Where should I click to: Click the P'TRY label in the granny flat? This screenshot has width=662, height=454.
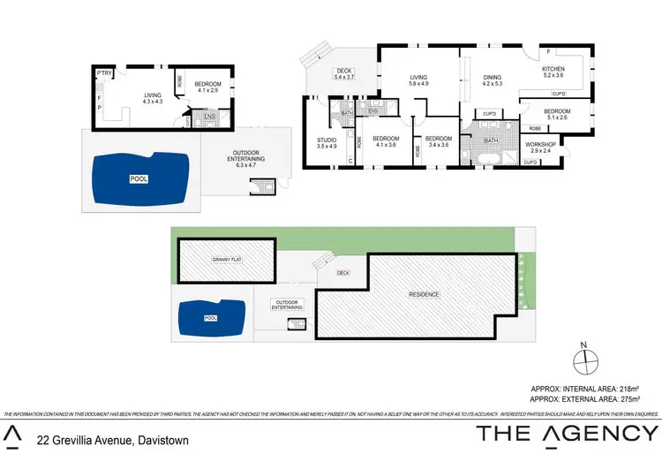103,72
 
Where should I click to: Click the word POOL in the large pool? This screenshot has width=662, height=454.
139,178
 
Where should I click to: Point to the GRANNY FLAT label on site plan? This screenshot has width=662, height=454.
226,260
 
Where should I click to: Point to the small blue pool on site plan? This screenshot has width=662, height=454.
210,317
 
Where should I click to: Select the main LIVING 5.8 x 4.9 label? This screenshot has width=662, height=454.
418,82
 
